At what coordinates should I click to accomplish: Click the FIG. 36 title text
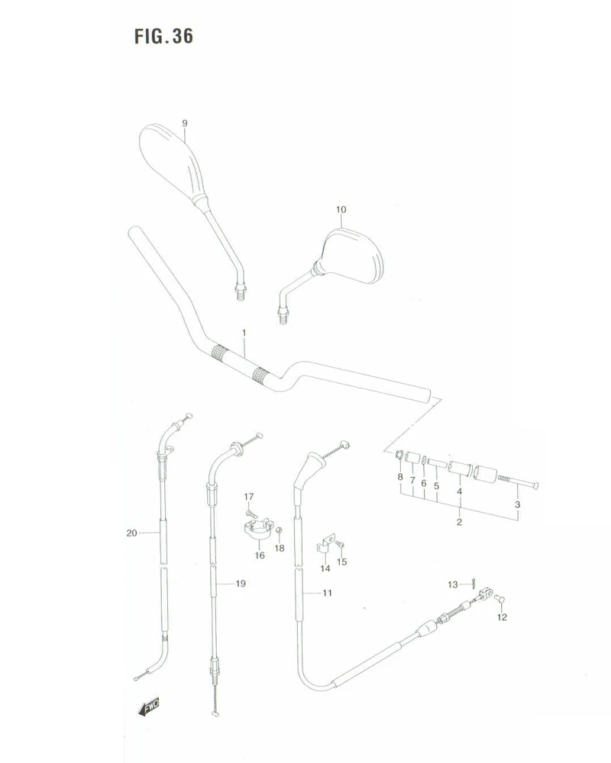point(163,36)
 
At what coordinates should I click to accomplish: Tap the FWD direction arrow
point(149,707)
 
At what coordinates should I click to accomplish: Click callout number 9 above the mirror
point(185,123)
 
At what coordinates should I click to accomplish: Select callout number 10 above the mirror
point(341,209)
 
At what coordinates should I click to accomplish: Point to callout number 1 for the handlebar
point(244,333)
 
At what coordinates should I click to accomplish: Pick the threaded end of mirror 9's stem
point(240,292)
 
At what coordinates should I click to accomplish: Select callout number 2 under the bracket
point(459,522)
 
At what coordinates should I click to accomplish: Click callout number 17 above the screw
point(249,497)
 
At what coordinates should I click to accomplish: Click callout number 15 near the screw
point(342,562)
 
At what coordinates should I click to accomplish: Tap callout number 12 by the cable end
point(502,617)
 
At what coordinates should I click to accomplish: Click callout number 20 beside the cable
point(132,533)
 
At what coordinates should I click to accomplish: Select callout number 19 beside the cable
point(241,584)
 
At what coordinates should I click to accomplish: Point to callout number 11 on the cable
point(327,593)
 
